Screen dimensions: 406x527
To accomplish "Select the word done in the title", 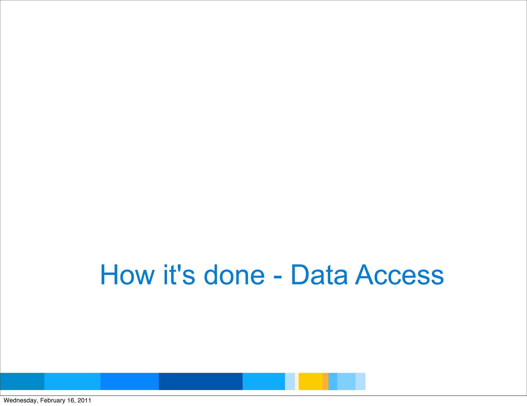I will pos(234,275).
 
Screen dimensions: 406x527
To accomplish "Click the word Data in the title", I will pos(319,275).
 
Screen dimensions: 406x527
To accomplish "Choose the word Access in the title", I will pos(399,275).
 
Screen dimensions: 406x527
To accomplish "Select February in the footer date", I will pos(53,400).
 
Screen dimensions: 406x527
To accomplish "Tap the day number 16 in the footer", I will pos(71,400).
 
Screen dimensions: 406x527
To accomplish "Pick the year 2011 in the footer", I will pos(84,400).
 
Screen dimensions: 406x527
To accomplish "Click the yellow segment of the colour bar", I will pos(311,381).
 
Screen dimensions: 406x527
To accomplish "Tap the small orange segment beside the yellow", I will pos(326,381).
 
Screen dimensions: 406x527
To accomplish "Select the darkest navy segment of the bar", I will pos(200,381).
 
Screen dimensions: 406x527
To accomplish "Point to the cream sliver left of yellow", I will pos(297,381).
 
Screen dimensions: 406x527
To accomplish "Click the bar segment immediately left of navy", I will pos(129,381).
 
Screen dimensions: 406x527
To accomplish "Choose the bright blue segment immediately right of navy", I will pos(264,381).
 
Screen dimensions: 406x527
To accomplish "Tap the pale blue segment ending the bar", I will pos(360,381).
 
